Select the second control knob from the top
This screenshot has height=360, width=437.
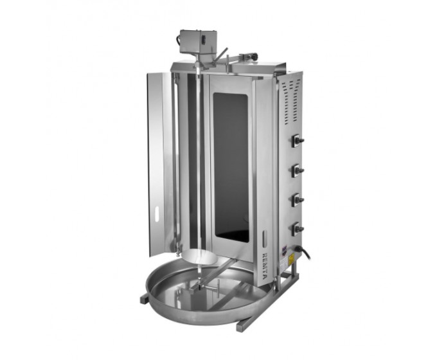[298, 170]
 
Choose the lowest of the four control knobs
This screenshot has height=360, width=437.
[298, 228]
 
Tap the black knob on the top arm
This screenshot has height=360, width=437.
[253, 57]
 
